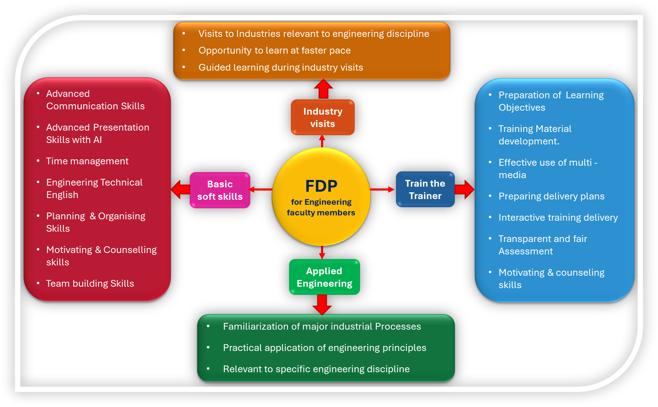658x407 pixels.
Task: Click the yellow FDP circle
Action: [x=321, y=196]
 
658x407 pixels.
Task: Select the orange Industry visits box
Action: [x=322, y=117]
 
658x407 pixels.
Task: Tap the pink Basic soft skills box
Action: [x=220, y=190]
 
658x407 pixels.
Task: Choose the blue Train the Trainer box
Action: [x=425, y=189]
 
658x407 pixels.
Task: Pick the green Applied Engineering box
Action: [x=324, y=277]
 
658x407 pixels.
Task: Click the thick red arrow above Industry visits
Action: [x=323, y=89]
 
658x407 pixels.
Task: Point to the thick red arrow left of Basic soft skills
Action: [x=180, y=189]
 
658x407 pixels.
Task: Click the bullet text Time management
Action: [x=87, y=161]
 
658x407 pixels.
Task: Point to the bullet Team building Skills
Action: [x=90, y=284]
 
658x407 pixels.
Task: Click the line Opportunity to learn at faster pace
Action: [x=274, y=50]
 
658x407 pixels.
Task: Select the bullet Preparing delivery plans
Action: [x=551, y=196]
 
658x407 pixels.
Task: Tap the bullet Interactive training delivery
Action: [x=558, y=218]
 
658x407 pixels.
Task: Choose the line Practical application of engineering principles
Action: [x=325, y=348]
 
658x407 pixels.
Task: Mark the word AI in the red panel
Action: [x=98, y=140]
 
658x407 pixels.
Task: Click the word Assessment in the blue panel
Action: [x=526, y=251]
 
